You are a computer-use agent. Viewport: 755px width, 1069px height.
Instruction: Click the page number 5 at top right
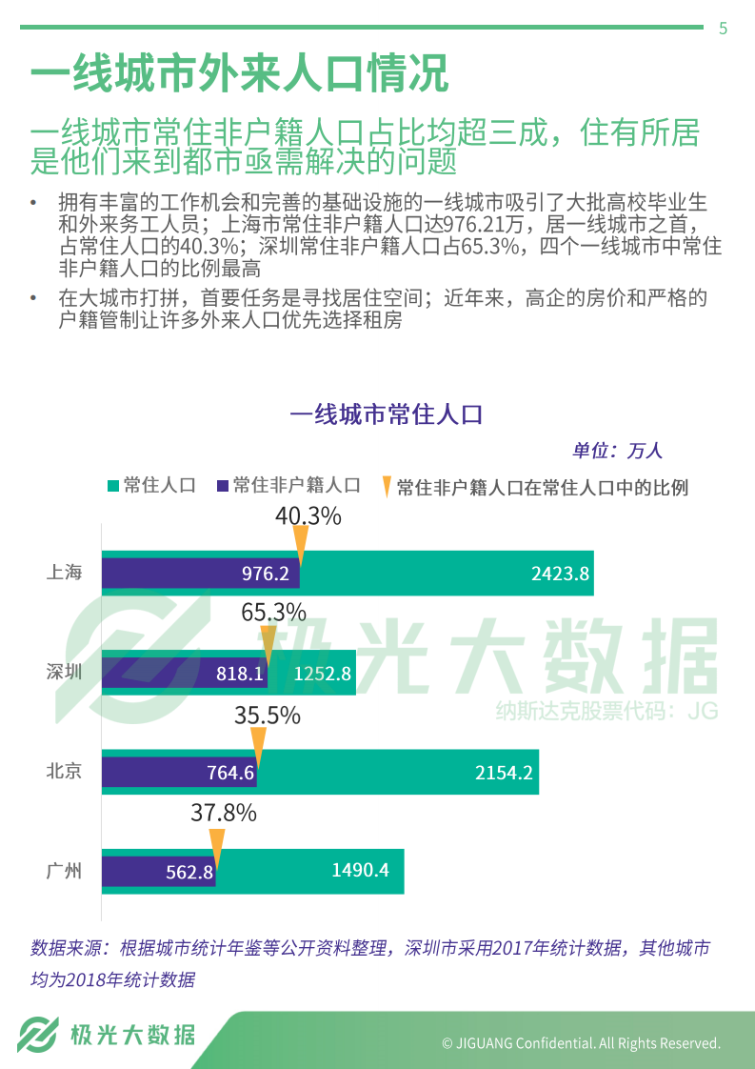point(723,29)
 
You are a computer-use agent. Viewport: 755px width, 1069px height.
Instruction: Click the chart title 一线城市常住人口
point(387,415)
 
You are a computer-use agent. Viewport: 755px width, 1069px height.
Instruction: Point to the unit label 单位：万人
point(616,451)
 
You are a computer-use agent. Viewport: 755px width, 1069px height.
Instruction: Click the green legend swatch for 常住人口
point(113,486)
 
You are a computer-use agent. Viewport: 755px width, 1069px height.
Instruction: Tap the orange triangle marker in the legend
point(386,487)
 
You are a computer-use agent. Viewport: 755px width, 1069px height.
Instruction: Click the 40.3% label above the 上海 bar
point(308,516)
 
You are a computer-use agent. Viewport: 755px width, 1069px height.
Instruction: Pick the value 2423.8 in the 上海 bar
point(560,574)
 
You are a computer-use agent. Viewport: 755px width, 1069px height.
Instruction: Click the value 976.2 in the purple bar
point(265,574)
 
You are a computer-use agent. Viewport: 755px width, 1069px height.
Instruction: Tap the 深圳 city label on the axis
point(64,673)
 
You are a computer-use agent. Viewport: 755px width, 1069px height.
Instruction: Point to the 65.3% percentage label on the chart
point(273,613)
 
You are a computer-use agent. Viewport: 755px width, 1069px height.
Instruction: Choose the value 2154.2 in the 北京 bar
point(504,773)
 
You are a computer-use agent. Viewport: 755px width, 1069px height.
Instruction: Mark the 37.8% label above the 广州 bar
point(224,813)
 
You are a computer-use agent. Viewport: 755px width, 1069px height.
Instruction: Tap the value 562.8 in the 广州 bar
point(189,871)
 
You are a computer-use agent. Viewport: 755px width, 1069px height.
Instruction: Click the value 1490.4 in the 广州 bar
point(360,870)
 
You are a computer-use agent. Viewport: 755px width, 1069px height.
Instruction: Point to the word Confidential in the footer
point(555,1043)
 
